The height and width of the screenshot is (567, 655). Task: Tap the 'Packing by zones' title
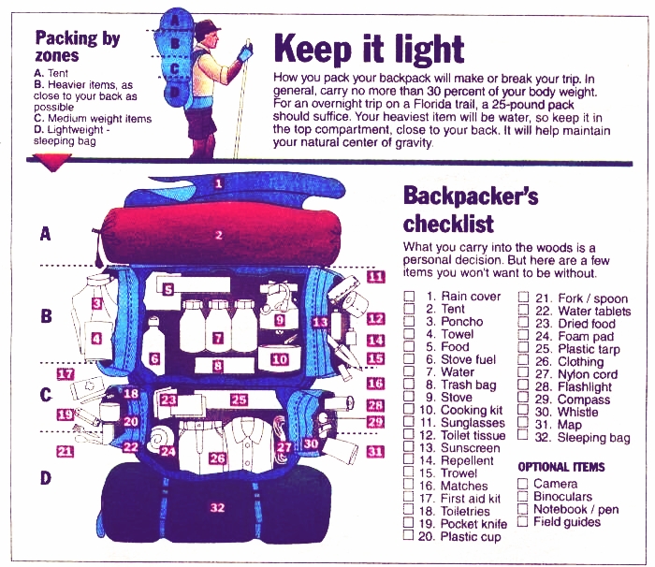coord(77,47)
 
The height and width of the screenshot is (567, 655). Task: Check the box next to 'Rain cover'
coord(409,297)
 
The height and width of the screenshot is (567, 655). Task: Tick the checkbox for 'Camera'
coord(523,484)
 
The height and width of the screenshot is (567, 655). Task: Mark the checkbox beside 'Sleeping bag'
coord(523,437)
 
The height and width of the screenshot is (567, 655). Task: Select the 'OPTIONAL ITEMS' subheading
coord(560,467)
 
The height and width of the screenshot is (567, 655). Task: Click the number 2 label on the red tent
coord(218,236)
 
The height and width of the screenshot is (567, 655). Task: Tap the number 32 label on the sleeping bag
coord(217,508)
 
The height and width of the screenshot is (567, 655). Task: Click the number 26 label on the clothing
coord(217,458)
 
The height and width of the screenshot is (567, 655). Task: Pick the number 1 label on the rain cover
coord(218,184)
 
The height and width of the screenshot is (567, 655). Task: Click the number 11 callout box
coord(375,277)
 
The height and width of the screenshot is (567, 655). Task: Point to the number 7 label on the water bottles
coord(217,338)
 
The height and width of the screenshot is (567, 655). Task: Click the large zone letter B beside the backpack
coord(45,316)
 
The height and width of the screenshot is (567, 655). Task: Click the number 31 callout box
coord(375,452)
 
